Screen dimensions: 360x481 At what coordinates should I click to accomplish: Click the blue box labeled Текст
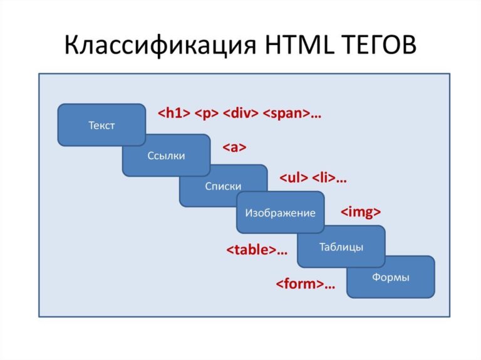101,125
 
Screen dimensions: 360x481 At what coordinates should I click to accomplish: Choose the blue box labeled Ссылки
166,156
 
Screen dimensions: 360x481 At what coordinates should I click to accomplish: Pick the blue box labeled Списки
223,186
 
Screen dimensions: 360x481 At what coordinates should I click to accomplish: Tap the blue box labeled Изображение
280,213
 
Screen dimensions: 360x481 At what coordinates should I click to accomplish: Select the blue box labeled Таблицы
341,247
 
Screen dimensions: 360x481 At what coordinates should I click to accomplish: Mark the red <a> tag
234,148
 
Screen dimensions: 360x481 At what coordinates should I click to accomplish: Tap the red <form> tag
301,284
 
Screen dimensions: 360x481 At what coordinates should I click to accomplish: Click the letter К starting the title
73,46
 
